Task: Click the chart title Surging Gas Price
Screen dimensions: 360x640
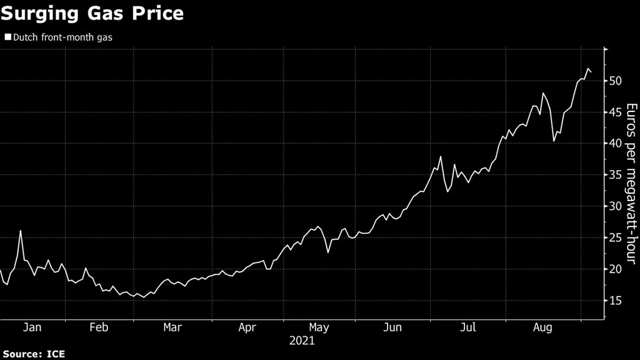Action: pos(92,13)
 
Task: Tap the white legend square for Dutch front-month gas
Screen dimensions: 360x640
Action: pos(7,37)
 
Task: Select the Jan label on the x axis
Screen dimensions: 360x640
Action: pos(32,328)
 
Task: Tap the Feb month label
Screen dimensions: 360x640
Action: pos(99,328)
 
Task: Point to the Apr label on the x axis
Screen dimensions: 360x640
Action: pos(247,328)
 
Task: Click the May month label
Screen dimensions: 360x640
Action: pos(319,328)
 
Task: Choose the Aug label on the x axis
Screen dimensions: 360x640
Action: pos(542,328)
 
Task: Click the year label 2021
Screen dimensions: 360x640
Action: pos(302,341)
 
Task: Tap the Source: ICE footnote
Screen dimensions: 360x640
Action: pos(34,354)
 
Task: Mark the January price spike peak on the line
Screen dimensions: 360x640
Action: pos(21,231)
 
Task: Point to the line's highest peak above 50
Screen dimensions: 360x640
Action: pos(588,69)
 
